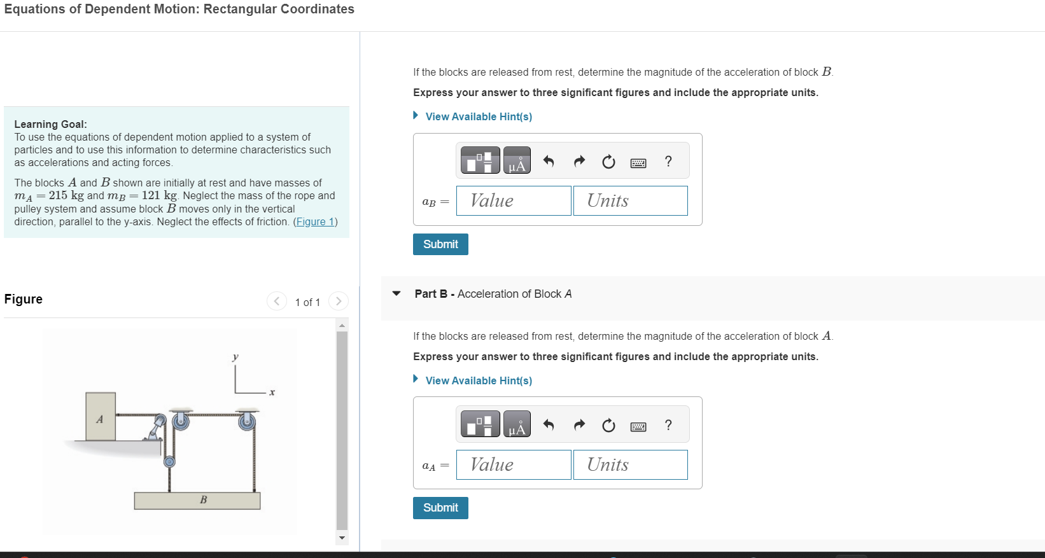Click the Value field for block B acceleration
click(513, 201)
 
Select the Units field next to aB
click(630, 201)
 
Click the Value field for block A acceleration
click(513, 465)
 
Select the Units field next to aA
click(630, 465)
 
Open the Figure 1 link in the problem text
click(315, 222)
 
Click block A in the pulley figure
click(101, 417)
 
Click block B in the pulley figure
click(197, 500)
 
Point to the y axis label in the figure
click(235, 357)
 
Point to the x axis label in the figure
click(272, 393)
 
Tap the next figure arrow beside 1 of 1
click(339, 301)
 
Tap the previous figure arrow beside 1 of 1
click(276, 301)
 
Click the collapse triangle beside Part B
click(396, 294)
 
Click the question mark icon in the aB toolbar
click(668, 162)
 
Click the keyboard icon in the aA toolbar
click(638, 426)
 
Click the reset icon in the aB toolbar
click(608, 162)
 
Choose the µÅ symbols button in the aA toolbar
click(517, 424)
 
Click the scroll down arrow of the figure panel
click(342, 538)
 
